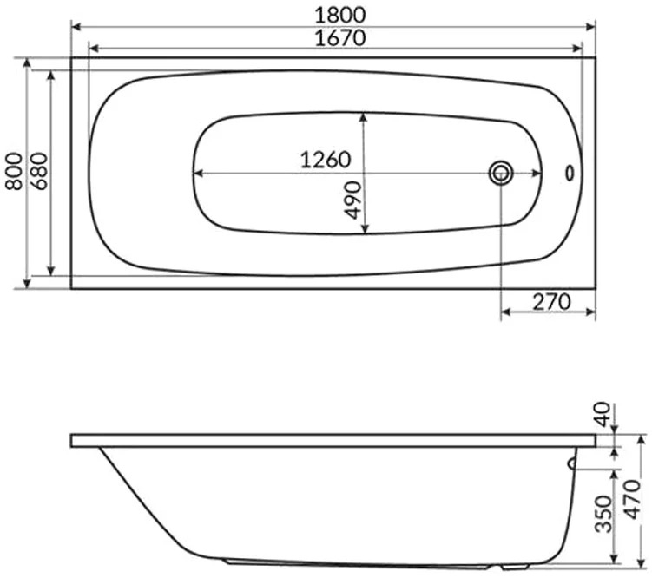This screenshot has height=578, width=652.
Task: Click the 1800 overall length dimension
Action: (x=340, y=15)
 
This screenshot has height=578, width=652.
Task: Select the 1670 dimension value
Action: (x=340, y=38)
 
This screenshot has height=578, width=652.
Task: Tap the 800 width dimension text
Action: (x=14, y=172)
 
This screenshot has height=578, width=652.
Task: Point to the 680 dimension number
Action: (x=39, y=172)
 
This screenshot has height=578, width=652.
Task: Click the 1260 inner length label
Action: (x=326, y=160)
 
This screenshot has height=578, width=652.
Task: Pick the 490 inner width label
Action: (x=352, y=200)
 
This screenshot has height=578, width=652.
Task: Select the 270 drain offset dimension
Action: (x=551, y=302)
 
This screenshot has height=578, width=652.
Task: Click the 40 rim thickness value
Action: (x=603, y=414)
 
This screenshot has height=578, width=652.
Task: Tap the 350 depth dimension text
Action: (x=603, y=514)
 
